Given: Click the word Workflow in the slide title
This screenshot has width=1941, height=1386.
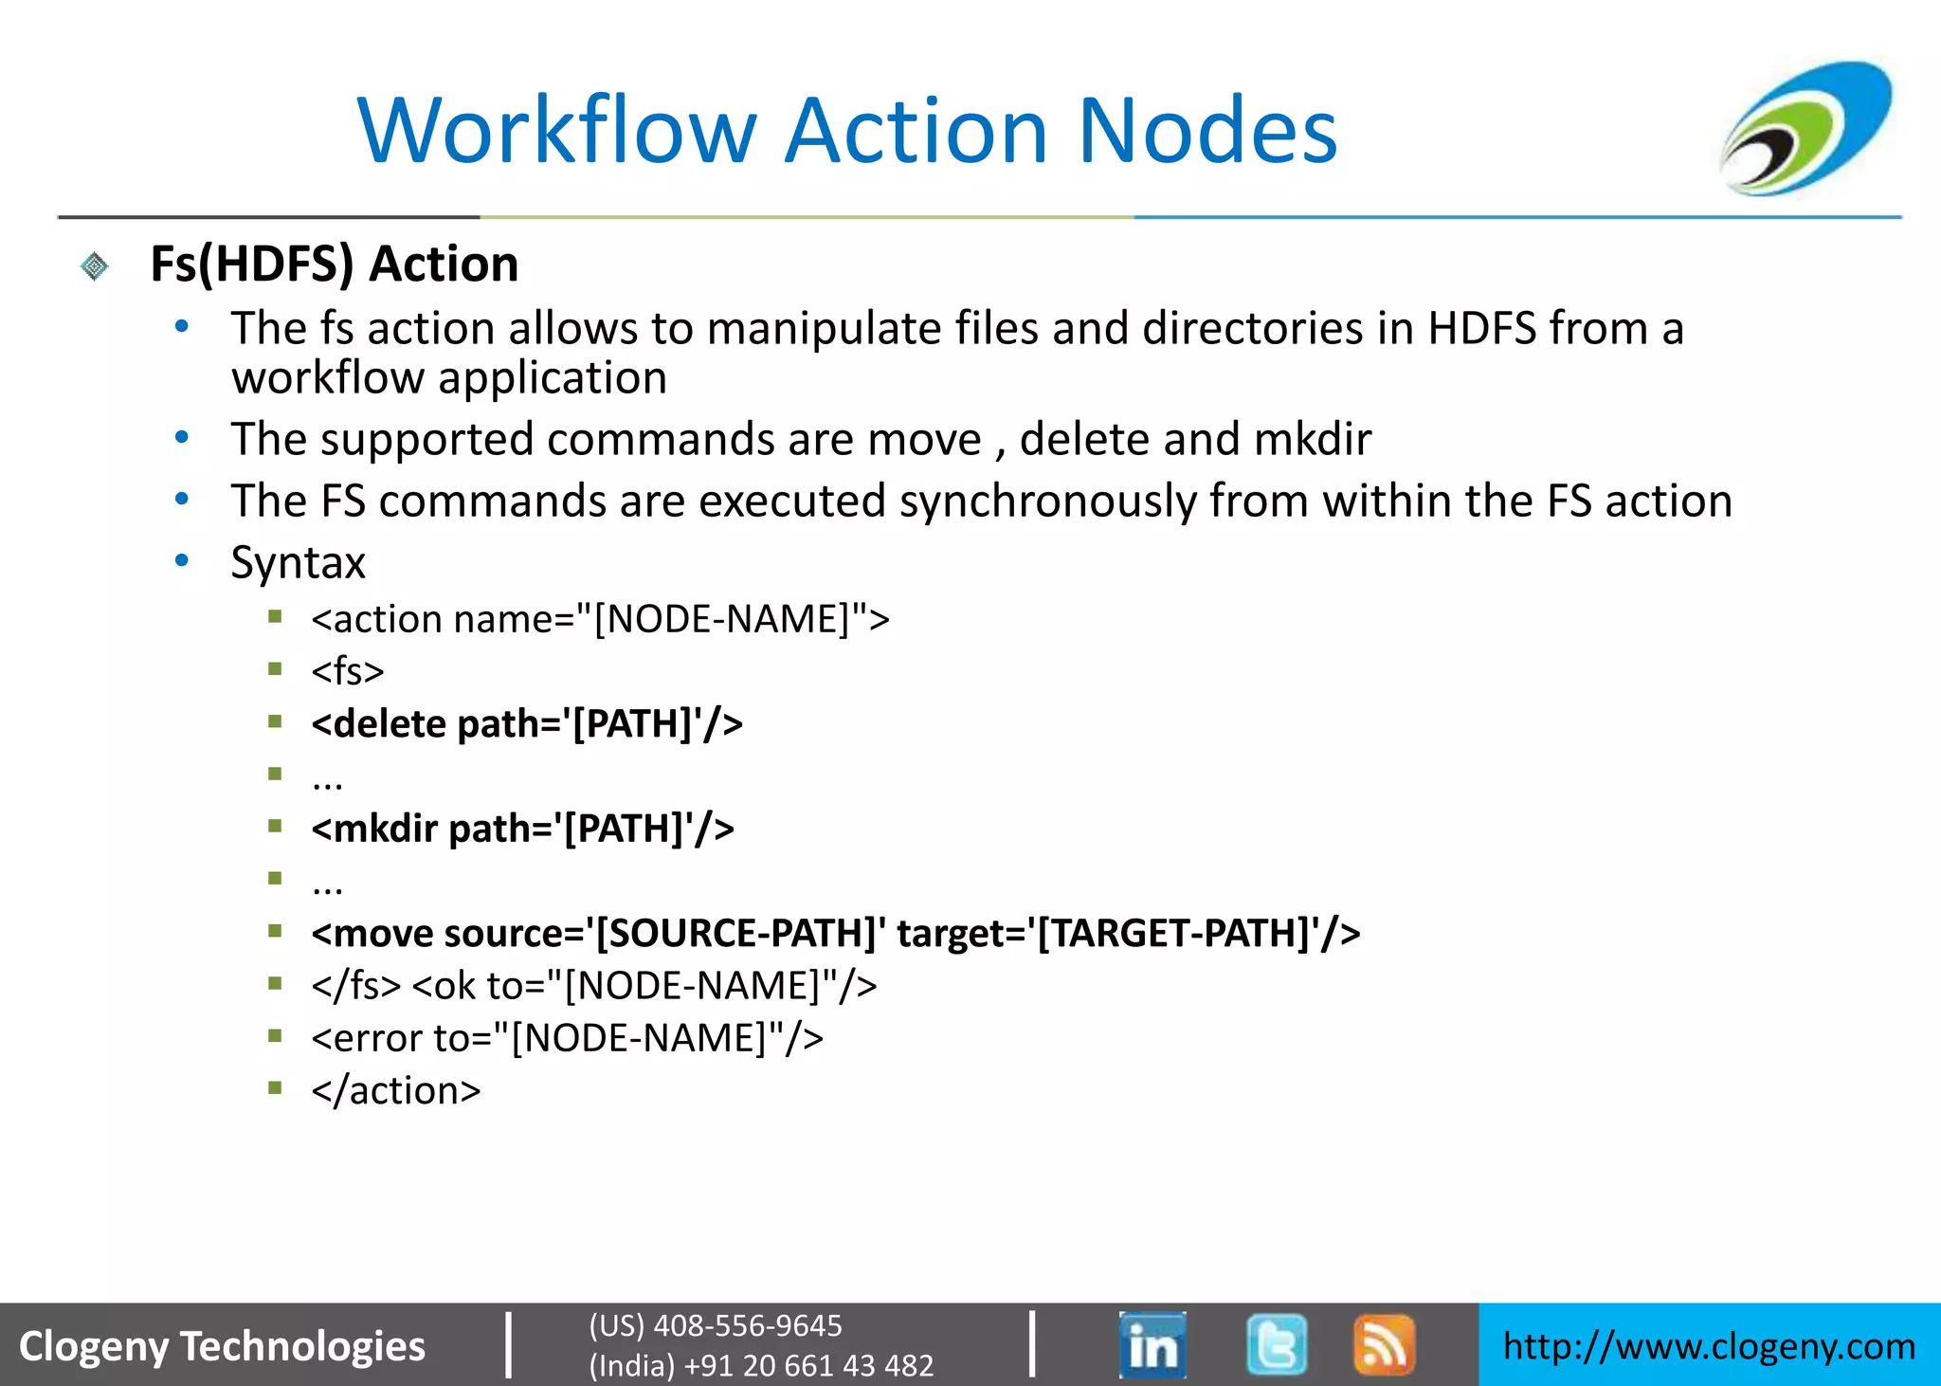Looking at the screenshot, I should click(x=557, y=131).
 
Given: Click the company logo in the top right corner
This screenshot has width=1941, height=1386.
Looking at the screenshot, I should click(x=1805, y=129).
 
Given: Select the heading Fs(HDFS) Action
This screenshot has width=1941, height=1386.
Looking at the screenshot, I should click(x=334, y=264).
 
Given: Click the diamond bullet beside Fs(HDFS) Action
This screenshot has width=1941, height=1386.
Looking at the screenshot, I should click(x=95, y=266).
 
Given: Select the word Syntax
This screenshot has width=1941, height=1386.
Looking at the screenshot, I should click(x=298, y=563).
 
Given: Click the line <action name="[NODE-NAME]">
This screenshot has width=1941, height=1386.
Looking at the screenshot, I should click(x=600, y=619).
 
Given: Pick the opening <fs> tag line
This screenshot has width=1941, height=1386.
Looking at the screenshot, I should click(x=347, y=671).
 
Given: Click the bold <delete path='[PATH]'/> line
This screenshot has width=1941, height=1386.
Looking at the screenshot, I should click(x=526, y=724).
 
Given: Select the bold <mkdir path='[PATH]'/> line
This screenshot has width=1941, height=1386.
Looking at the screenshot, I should click(x=522, y=829).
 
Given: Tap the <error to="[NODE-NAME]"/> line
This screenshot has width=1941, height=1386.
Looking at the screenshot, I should click(x=567, y=1038).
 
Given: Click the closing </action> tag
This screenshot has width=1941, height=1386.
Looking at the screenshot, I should click(x=395, y=1091).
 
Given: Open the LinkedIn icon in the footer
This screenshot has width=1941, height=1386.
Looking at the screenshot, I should click(x=1152, y=1344).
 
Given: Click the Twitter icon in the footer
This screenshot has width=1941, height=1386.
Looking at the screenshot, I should click(x=1277, y=1344).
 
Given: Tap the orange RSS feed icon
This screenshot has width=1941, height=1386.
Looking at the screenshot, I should click(x=1384, y=1344).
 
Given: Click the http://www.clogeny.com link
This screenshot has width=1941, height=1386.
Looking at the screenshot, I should click(x=1709, y=1346).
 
